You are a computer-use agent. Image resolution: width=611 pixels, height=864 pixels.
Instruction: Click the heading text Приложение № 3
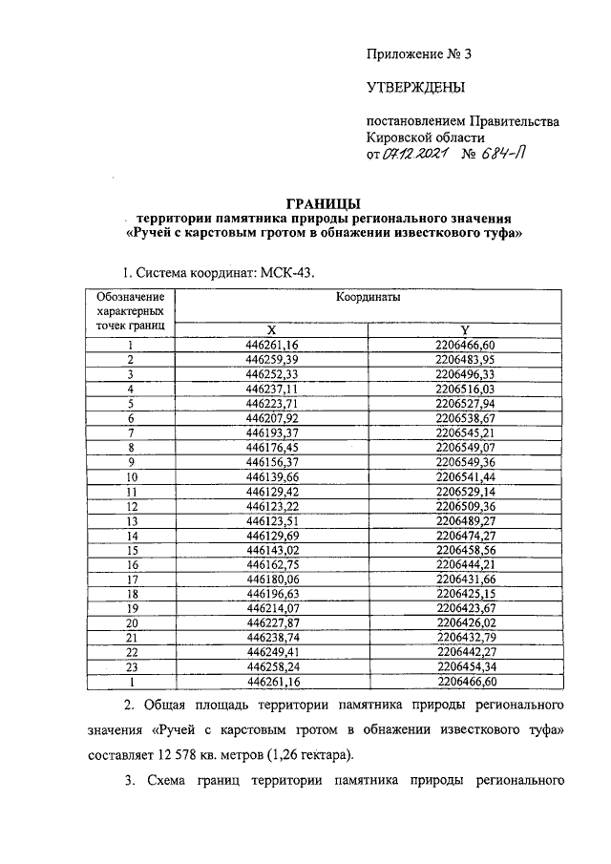419,54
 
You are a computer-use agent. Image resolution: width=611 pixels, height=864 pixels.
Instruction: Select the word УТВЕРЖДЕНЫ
416,89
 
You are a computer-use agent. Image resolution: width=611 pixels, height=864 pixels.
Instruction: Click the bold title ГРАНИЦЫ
325,202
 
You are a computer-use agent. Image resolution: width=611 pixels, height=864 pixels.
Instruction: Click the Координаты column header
368,298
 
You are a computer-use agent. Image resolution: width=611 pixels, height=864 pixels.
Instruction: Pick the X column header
272,328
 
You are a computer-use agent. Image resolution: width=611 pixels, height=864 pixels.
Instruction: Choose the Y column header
463,328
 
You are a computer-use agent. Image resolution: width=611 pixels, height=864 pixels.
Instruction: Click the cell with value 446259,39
272,359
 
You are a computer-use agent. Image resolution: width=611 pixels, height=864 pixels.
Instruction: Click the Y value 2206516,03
463,389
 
